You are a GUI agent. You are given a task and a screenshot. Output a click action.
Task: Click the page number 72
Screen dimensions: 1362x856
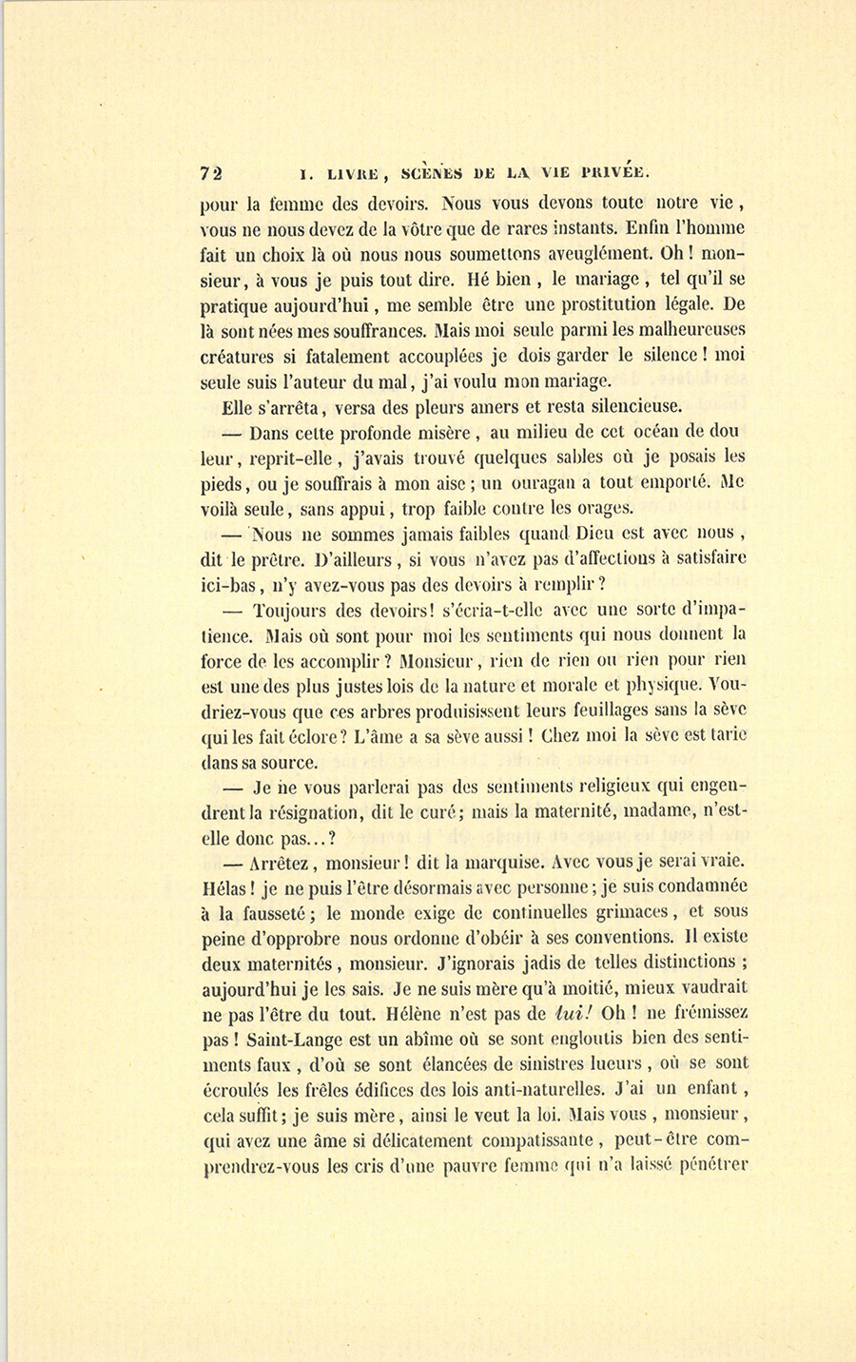coord(211,173)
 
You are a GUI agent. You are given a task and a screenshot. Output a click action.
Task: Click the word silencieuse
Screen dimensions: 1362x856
coord(623,407)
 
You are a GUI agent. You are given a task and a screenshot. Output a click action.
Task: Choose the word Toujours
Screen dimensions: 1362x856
coord(292,611)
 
